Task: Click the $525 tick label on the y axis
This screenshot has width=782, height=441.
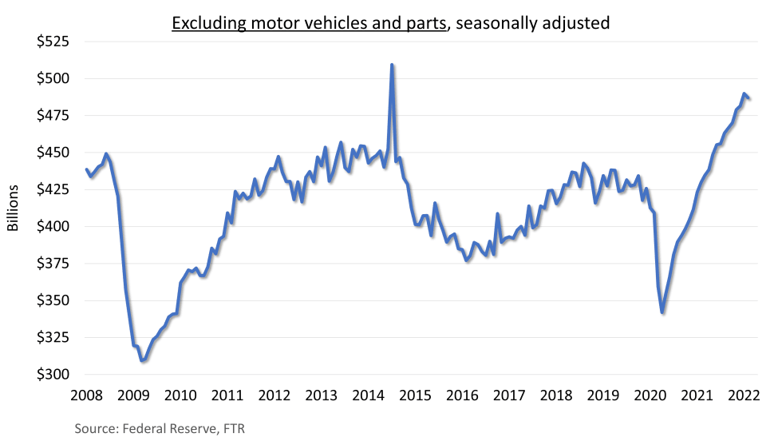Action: point(53,42)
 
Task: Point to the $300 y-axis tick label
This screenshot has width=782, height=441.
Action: point(53,375)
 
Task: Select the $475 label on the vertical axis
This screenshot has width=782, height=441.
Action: point(53,116)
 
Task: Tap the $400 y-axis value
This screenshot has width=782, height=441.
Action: point(53,227)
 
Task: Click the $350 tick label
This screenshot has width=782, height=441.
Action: point(53,301)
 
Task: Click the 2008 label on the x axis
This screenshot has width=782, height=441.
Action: point(85,395)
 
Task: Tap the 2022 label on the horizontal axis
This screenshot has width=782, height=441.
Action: point(744,395)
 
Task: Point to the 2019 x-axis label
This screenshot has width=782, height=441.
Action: point(603,395)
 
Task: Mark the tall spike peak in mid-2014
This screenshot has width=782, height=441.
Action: point(392,65)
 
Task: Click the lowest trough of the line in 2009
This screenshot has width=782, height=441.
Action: point(142,361)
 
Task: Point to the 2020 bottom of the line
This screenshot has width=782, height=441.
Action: point(662,312)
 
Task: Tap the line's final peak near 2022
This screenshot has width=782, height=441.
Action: point(744,94)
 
